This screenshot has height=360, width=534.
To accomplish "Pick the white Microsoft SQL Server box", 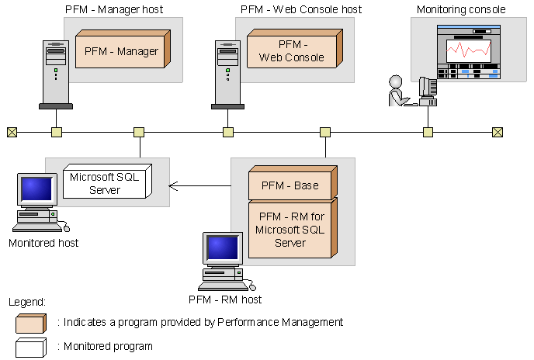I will tap(105, 183).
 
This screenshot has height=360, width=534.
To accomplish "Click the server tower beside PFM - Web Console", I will tap(227, 74).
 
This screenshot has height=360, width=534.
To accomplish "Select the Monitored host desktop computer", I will tap(39, 202).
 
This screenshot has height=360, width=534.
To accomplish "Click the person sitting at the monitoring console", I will tap(397, 91).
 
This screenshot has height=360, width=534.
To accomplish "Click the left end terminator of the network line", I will tap(12, 132).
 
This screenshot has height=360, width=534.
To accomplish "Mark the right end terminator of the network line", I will tap(498, 132).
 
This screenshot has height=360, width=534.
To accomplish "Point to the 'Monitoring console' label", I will tap(460, 10).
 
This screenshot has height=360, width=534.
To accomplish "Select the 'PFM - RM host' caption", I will tap(225, 299).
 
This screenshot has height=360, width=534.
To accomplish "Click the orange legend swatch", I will tap(32, 323).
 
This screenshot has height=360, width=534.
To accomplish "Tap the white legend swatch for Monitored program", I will tap(32, 347).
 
